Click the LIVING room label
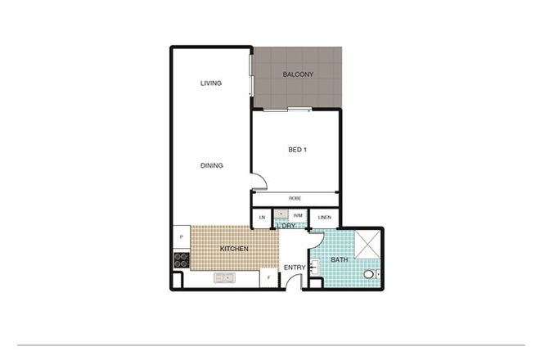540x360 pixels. tap(211, 83)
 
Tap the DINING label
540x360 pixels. tap(211, 166)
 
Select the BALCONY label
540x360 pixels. tap(298, 75)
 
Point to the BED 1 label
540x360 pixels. tap(296, 149)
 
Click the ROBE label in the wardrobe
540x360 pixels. tap(295, 199)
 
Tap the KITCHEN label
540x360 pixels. tap(234, 248)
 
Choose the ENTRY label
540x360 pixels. tap(295, 268)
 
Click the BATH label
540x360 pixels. tap(339, 260)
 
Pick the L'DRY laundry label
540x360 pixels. tap(286, 226)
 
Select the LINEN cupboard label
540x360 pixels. tap(324, 218)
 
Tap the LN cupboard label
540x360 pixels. tap(262, 218)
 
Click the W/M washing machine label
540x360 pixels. tap(297, 216)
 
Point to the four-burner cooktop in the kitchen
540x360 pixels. tap(182, 259)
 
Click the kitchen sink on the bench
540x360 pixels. tap(224, 278)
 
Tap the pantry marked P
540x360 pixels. tap(181, 236)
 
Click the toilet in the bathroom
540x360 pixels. tap(371, 274)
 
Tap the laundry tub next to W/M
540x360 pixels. tap(281, 217)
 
